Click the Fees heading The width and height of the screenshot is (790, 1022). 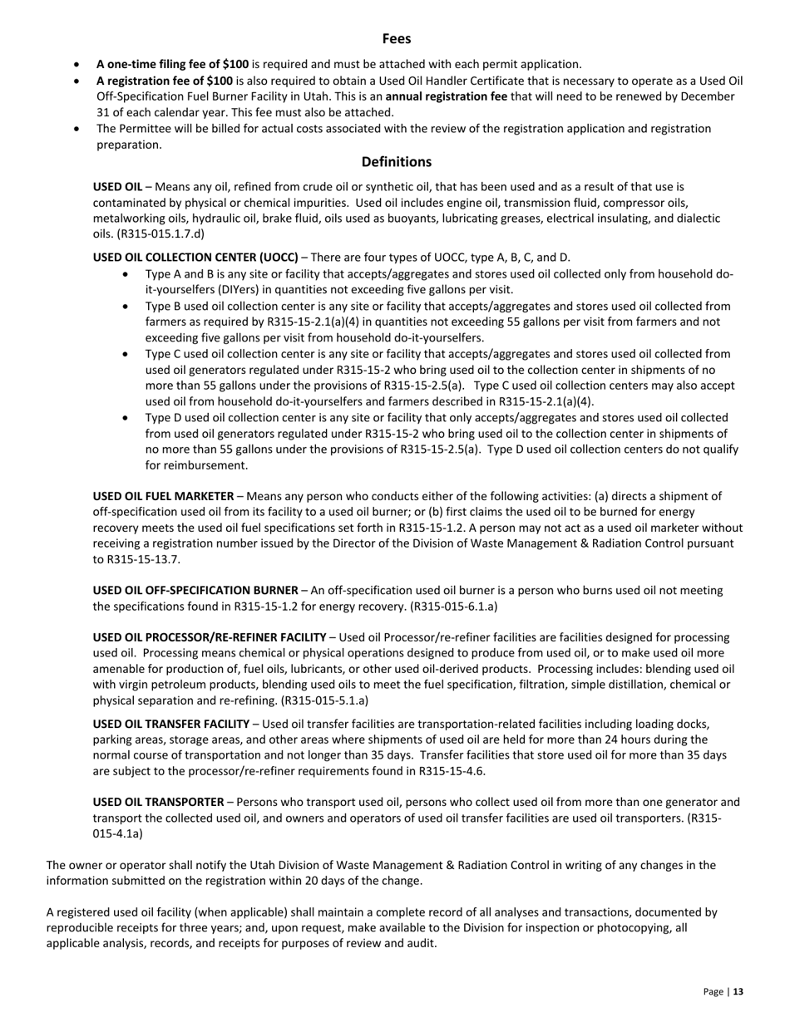(x=397, y=39)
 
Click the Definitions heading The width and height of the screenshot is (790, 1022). (x=396, y=162)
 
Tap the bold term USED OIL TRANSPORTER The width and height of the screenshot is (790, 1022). (x=158, y=802)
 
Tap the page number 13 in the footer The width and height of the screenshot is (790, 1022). (x=738, y=991)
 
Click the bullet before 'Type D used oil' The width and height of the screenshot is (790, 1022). (x=126, y=418)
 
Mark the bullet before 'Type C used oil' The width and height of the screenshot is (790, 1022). (x=126, y=354)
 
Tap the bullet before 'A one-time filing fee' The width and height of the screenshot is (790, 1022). (x=77, y=64)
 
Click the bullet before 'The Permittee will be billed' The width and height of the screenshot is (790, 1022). (x=77, y=129)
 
